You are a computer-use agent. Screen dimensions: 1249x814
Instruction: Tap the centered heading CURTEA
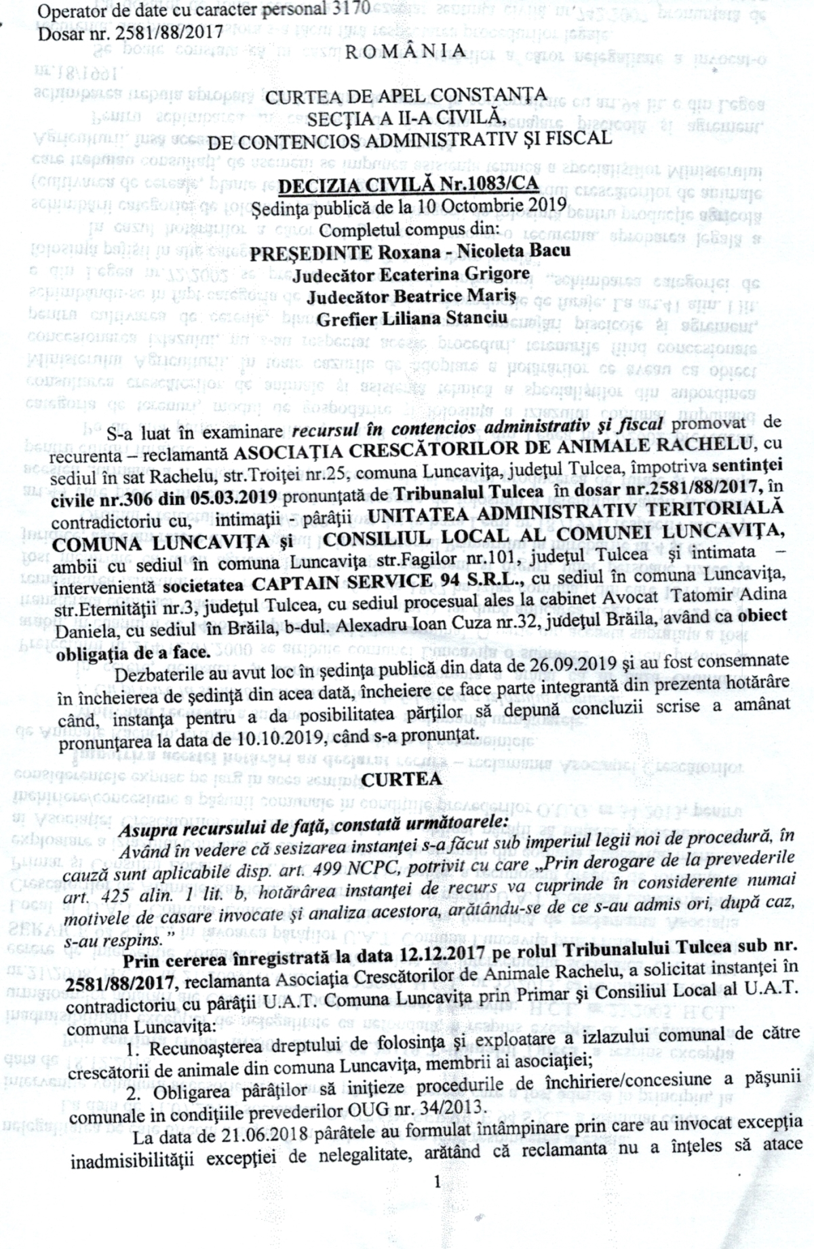(x=407, y=779)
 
